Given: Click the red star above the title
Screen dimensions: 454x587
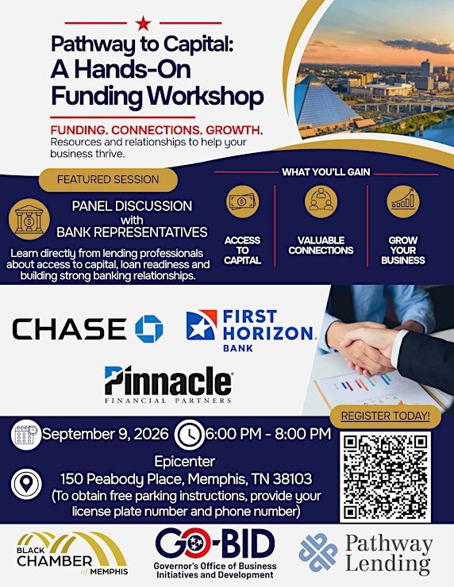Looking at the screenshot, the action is tap(143, 23).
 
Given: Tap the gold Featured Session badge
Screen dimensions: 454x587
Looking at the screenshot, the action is tap(108, 179).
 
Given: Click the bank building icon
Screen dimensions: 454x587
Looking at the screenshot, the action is tap(29, 219).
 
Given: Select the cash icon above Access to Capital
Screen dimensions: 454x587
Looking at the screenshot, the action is tap(242, 201).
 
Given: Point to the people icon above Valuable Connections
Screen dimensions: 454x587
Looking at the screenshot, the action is tap(321, 201).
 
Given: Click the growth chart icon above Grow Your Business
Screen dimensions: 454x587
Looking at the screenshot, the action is tap(403, 201).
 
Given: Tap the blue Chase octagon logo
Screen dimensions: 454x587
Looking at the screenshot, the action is tap(149, 329).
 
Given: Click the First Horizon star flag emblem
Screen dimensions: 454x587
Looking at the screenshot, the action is tap(202, 324).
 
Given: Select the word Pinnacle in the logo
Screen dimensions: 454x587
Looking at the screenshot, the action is tap(167, 380).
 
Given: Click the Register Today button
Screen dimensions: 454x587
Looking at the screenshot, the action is tap(386, 416).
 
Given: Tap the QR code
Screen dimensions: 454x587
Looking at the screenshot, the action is tap(386, 477).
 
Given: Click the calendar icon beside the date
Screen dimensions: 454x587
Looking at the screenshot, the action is tap(25, 434).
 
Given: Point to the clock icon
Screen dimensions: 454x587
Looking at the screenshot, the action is tap(190, 435).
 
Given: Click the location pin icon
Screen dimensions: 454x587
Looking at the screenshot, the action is tap(26, 484).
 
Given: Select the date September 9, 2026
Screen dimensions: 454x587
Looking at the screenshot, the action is tap(106, 434).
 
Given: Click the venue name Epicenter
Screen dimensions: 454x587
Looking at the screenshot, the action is tap(185, 462).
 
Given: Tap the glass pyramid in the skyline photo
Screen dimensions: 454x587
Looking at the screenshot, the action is tap(325, 101).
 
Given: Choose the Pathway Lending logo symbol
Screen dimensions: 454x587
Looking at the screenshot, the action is tap(318, 552).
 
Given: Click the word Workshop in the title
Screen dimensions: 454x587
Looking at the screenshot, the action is tap(206, 96).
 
